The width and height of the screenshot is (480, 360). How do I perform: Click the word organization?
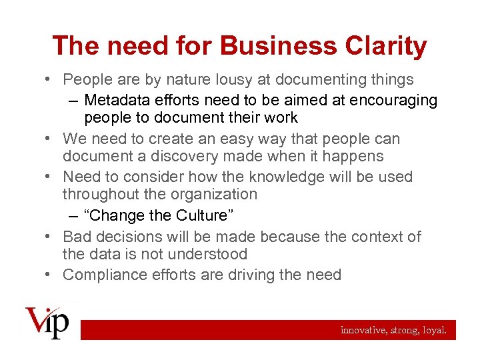(x=210, y=195)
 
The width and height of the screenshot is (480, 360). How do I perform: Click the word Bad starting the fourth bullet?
(x=77, y=237)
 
